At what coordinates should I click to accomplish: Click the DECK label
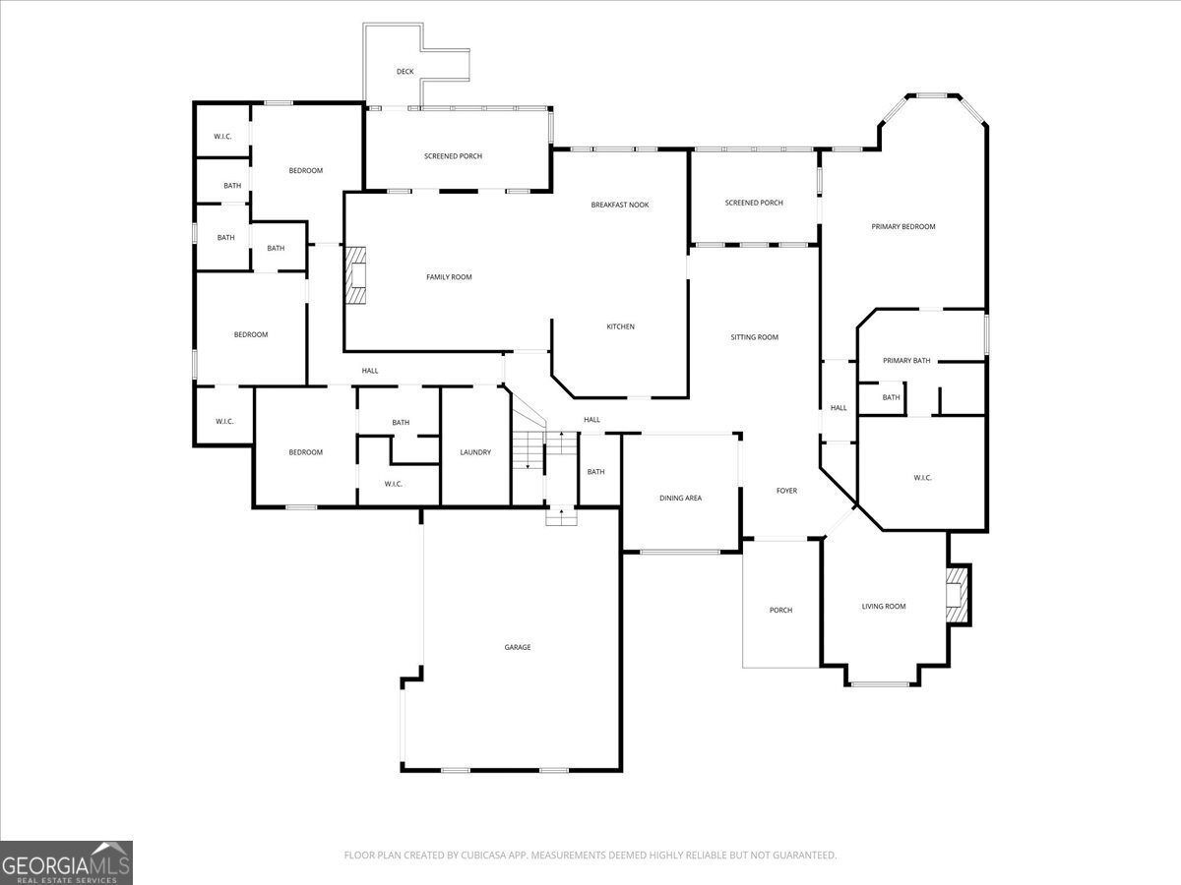[405, 72]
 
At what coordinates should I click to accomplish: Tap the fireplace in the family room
[355, 275]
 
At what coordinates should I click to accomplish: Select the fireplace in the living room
[957, 594]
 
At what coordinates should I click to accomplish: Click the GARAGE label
[517, 647]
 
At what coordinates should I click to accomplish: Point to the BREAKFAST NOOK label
[620, 205]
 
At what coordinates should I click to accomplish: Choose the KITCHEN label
[620, 326]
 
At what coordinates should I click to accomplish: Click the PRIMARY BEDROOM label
[903, 227]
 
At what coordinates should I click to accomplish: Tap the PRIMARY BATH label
[906, 361]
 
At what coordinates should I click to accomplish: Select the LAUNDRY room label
[475, 452]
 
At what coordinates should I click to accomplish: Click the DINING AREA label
[681, 499]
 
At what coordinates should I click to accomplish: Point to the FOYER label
[786, 491]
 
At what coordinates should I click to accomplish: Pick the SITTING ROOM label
[754, 337]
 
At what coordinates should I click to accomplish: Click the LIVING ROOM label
[884, 606]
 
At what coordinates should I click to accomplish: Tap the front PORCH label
[780, 610]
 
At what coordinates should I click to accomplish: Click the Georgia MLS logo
[66, 863]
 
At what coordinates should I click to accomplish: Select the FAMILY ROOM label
[449, 277]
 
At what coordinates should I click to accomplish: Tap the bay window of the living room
[880, 684]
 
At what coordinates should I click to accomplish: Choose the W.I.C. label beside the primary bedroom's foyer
[922, 478]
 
